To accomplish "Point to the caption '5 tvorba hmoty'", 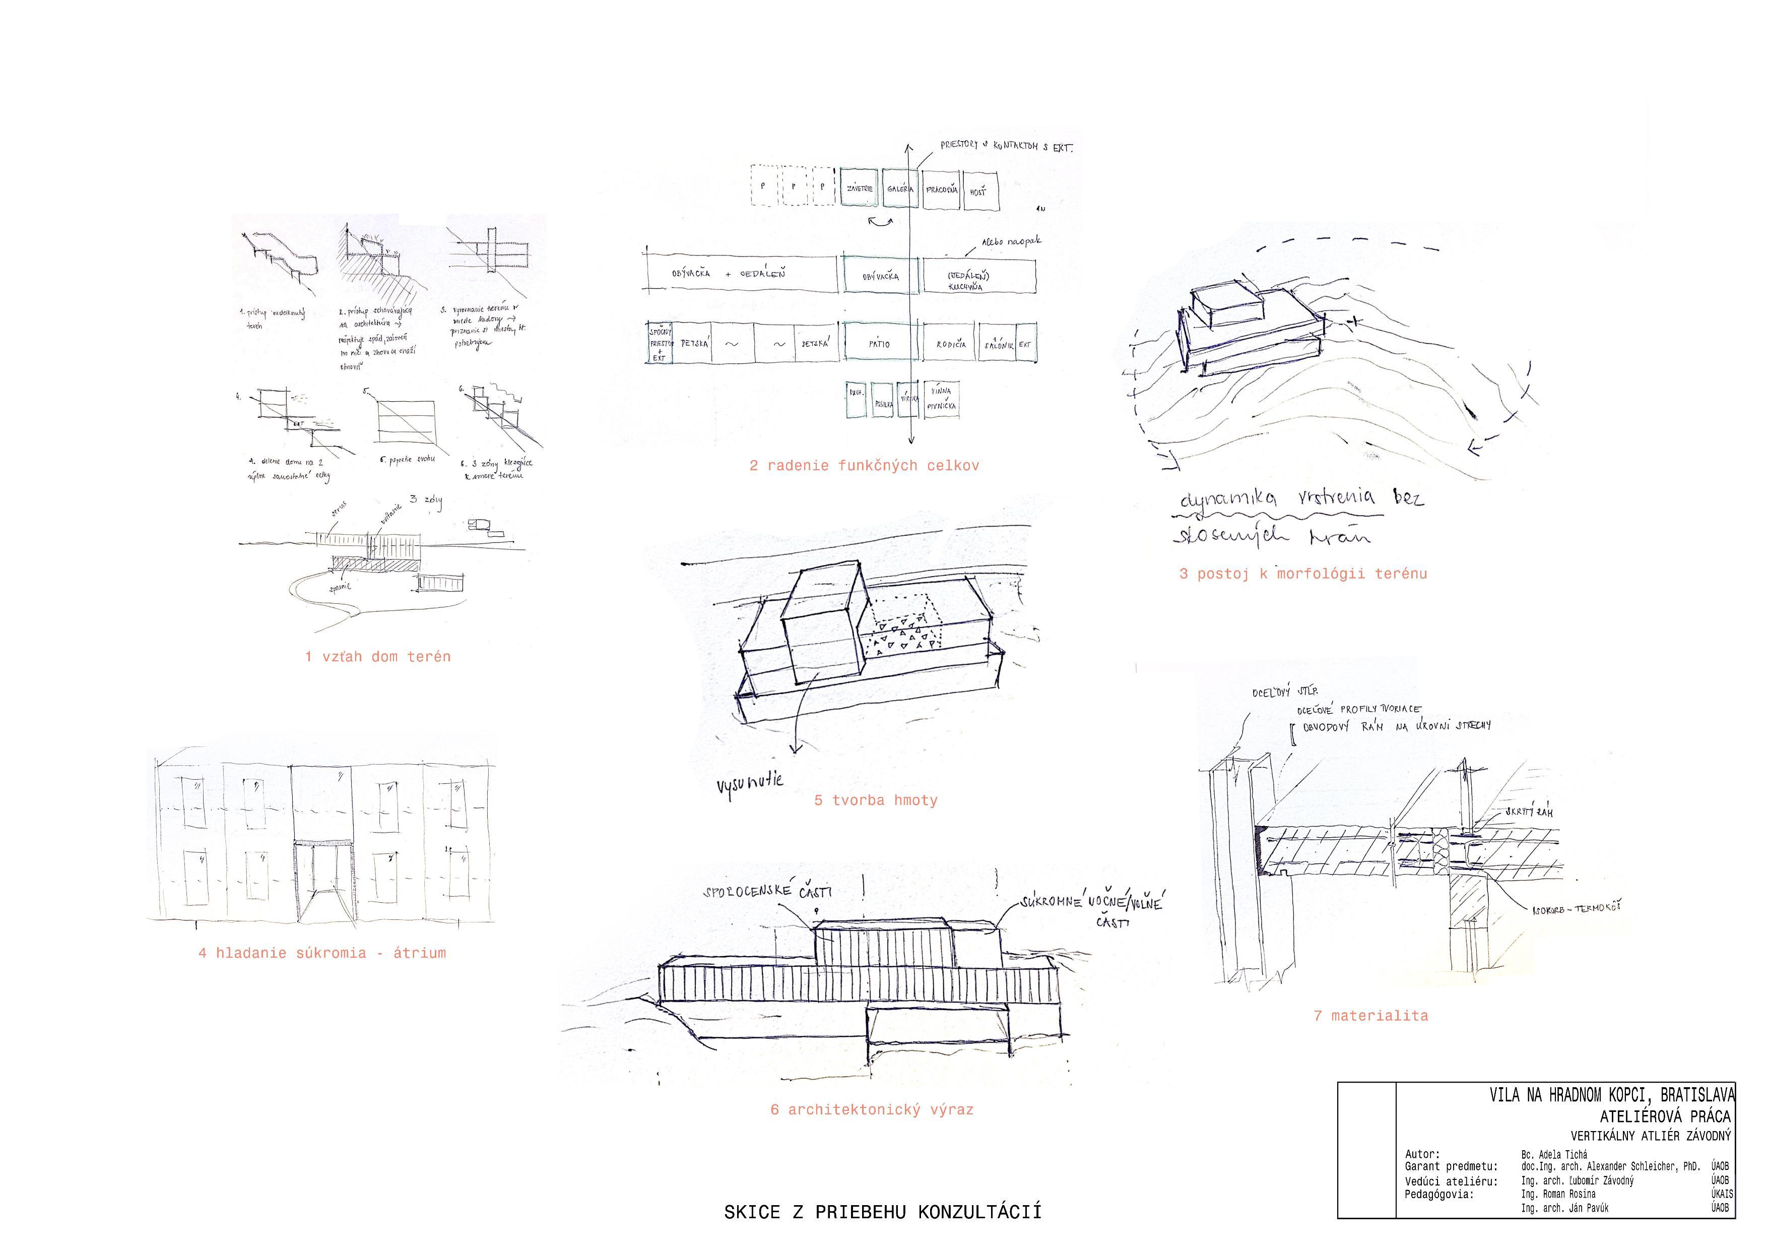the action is [x=876, y=800].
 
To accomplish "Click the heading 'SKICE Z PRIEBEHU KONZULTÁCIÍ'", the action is [x=883, y=1212].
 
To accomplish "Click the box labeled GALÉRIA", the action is [x=900, y=189].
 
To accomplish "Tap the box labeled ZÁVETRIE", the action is [x=860, y=189].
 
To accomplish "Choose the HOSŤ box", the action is [x=979, y=190].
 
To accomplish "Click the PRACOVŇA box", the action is [x=941, y=189].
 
